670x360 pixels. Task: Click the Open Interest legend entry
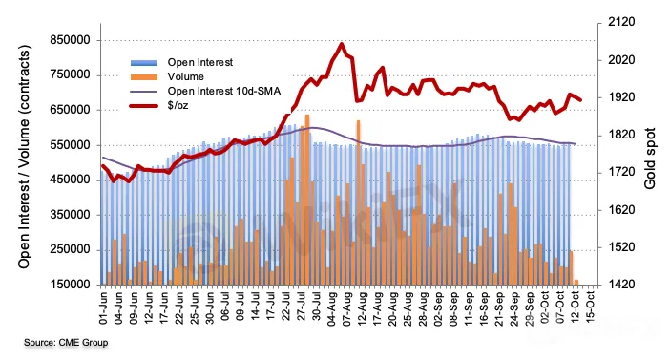(x=181, y=62)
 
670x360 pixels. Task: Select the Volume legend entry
(x=167, y=77)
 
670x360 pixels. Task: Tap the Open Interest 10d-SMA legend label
(x=224, y=91)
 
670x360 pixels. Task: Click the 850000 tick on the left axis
(x=70, y=40)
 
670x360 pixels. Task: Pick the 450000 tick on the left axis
(x=70, y=180)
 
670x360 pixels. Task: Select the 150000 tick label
(x=70, y=285)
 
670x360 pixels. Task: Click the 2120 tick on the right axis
(x=621, y=22)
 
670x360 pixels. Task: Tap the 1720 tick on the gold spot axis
(x=621, y=172)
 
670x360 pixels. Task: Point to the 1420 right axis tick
(x=621, y=285)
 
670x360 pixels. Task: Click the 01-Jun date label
(x=103, y=307)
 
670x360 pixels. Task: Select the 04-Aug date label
(x=331, y=308)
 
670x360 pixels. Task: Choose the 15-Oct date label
(x=591, y=307)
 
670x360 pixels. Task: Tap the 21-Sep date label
(x=499, y=308)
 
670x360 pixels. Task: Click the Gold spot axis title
(x=650, y=159)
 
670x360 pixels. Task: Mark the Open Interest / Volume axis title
(x=25, y=157)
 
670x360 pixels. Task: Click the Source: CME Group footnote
(x=66, y=343)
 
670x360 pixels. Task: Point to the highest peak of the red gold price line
(x=342, y=44)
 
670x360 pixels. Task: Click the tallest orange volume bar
(x=307, y=200)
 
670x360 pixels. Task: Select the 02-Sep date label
(x=438, y=308)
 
